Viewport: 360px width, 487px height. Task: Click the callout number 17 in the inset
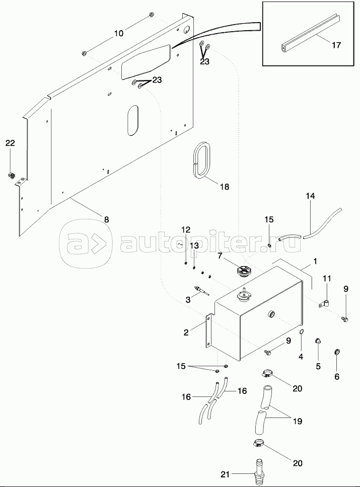click(x=336, y=45)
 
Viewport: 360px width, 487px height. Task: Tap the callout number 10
click(x=118, y=34)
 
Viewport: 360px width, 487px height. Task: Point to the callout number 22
click(x=11, y=143)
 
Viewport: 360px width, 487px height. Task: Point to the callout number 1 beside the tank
click(x=315, y=262)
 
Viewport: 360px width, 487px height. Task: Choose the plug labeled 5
click(x=318, y=343)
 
